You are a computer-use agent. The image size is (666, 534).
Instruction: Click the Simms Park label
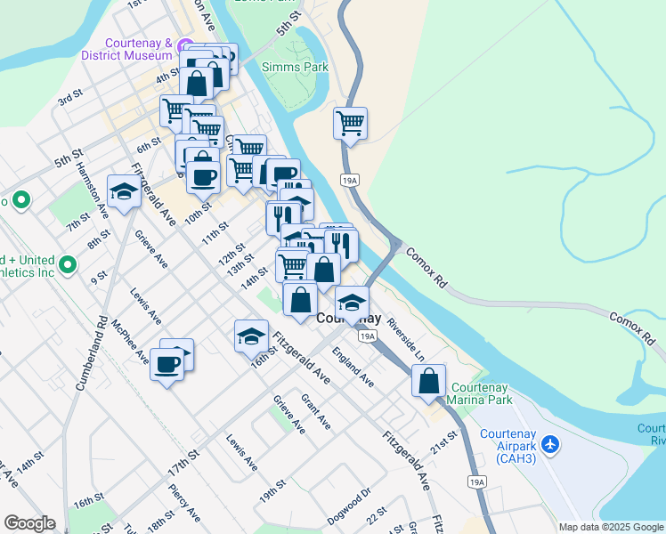tap(295, 67)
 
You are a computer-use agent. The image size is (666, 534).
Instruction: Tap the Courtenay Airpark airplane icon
tap(550, 442)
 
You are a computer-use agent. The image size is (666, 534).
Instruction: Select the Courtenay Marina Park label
tap(482, 393)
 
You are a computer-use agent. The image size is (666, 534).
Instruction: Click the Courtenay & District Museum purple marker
tap(184, 46)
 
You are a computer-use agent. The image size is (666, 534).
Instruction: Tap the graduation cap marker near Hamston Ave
tap(124, 190)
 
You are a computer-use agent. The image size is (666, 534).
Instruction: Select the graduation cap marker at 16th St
tap(251, 336)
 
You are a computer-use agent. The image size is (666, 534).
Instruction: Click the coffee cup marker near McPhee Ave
tap(166, 364)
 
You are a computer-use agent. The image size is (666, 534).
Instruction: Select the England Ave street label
tap(353, 367)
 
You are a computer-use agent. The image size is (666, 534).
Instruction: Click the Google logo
tap(29, 523)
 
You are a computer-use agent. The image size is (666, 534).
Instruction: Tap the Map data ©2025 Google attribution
tap(610, 527)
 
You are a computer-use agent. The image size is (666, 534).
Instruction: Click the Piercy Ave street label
tap(183, 502)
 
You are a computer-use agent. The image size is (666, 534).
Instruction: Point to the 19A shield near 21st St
tap(477, 482)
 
